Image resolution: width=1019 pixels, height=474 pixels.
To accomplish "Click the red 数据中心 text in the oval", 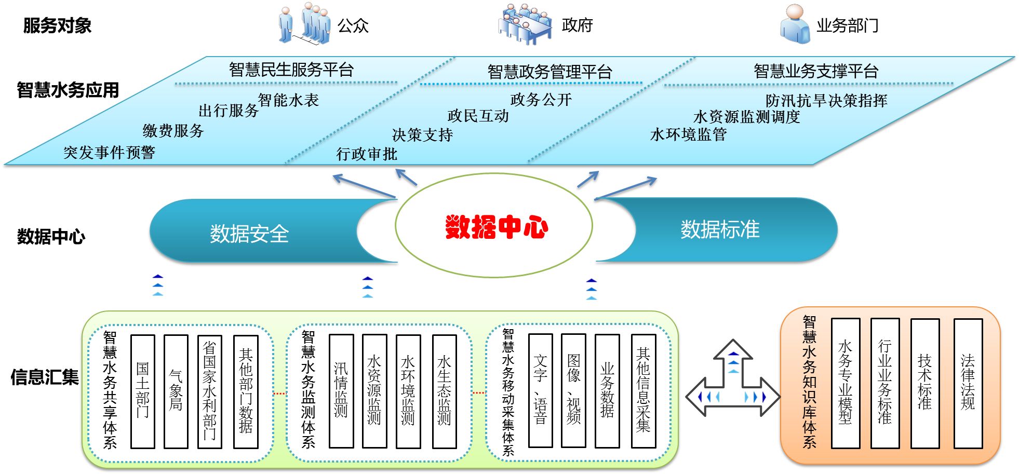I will tap(496, 227).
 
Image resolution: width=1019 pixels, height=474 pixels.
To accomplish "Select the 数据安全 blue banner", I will tap(249, 233).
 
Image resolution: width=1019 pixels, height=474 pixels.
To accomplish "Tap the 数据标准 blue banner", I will tap(720, 229).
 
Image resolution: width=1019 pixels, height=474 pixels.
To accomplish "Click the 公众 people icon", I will tap(305, 23).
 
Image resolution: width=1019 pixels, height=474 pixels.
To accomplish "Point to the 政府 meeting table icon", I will tap(525, 23).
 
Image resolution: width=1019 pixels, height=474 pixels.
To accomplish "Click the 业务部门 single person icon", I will tap(794, 24).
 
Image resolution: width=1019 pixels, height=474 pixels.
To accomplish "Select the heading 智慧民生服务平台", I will tap(291, 70).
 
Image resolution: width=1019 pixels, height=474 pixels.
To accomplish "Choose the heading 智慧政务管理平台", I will tap(549, 72).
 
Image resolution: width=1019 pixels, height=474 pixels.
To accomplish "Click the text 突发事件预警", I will tap(109, 152).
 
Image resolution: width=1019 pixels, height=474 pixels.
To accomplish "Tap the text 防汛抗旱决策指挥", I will tap(826, 100).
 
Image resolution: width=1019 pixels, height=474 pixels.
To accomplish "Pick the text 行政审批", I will tap(367, 154).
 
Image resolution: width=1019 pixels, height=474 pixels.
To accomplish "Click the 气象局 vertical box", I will tap(176, 391).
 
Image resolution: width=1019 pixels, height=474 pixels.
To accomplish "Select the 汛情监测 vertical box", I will tap(341, 391).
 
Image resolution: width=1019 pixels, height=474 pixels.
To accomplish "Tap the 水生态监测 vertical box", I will tap(444, 391).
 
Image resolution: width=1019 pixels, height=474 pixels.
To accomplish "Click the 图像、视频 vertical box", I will tap(573, 390).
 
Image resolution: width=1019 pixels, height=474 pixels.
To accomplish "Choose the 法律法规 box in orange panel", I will tap(968, 383).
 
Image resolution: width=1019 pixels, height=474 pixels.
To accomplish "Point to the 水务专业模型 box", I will tap(845, 383).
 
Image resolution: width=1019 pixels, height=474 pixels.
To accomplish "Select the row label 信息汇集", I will tap(45, 377).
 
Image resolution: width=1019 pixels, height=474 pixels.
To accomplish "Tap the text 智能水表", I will tap(288, 100).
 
